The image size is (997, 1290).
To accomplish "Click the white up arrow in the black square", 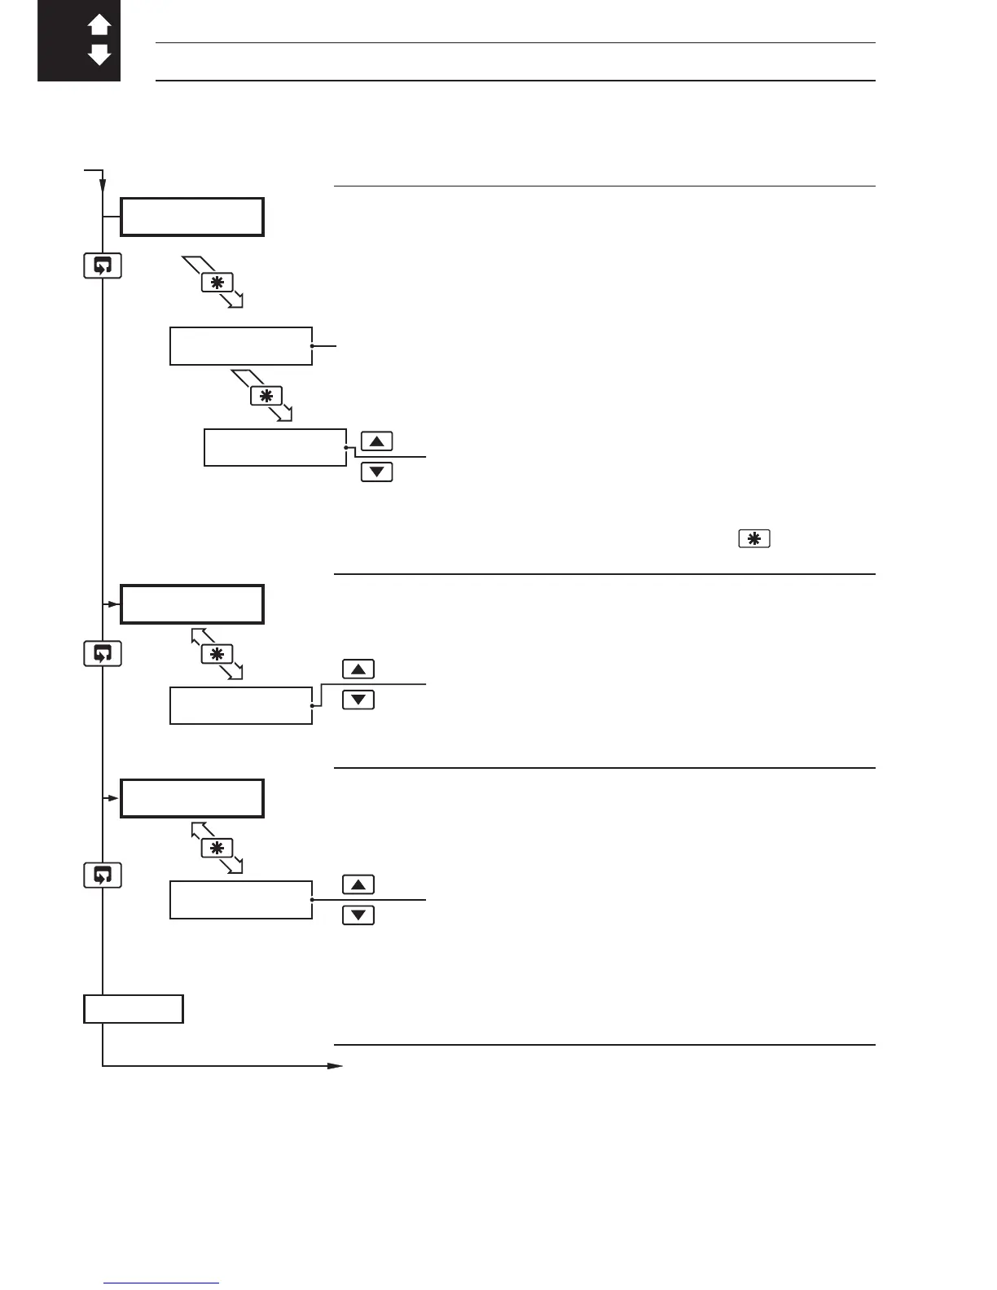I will pyautogui.click(x=99, y=25).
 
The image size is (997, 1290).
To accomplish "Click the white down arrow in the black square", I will pyautogui.click(x=99, y=55).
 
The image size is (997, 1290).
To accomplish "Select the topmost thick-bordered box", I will pyautogui.click(x=192, y=217).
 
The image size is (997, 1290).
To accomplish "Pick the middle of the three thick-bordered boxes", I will pyautogui.click(x=192, y=604).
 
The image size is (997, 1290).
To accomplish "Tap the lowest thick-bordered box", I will pyautogui.click(x=192, y=798).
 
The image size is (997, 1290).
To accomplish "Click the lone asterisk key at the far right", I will pyautogui.click(x=754, y=538).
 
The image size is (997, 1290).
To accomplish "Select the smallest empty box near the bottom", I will pyautogui.click(x=134, y=1009).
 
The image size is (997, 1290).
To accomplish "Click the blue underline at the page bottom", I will pyautogui.click(x=162, y=1283).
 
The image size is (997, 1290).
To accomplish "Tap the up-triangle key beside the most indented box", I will pyautogui.click(x=376, y=441).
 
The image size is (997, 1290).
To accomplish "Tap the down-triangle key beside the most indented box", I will pyautogui.click(x=376, y=472).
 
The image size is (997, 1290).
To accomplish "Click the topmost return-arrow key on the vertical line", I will pyautogui.click(x=103, y=266).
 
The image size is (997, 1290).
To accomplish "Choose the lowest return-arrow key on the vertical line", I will pyautogui.click(x=103, y=875).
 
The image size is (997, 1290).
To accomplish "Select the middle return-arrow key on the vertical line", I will pyautogui.click(x=103, y=654).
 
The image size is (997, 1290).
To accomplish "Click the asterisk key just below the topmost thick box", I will pyautogui.click(x=217, y=283).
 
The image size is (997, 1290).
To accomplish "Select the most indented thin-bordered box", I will pyautogui.click(x=275, y=447).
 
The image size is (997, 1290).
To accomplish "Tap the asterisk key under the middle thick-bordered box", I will pyautogui.click(x=217, y=654).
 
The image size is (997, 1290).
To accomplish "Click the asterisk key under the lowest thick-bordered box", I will pyautogui.click(x=217, y=848).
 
